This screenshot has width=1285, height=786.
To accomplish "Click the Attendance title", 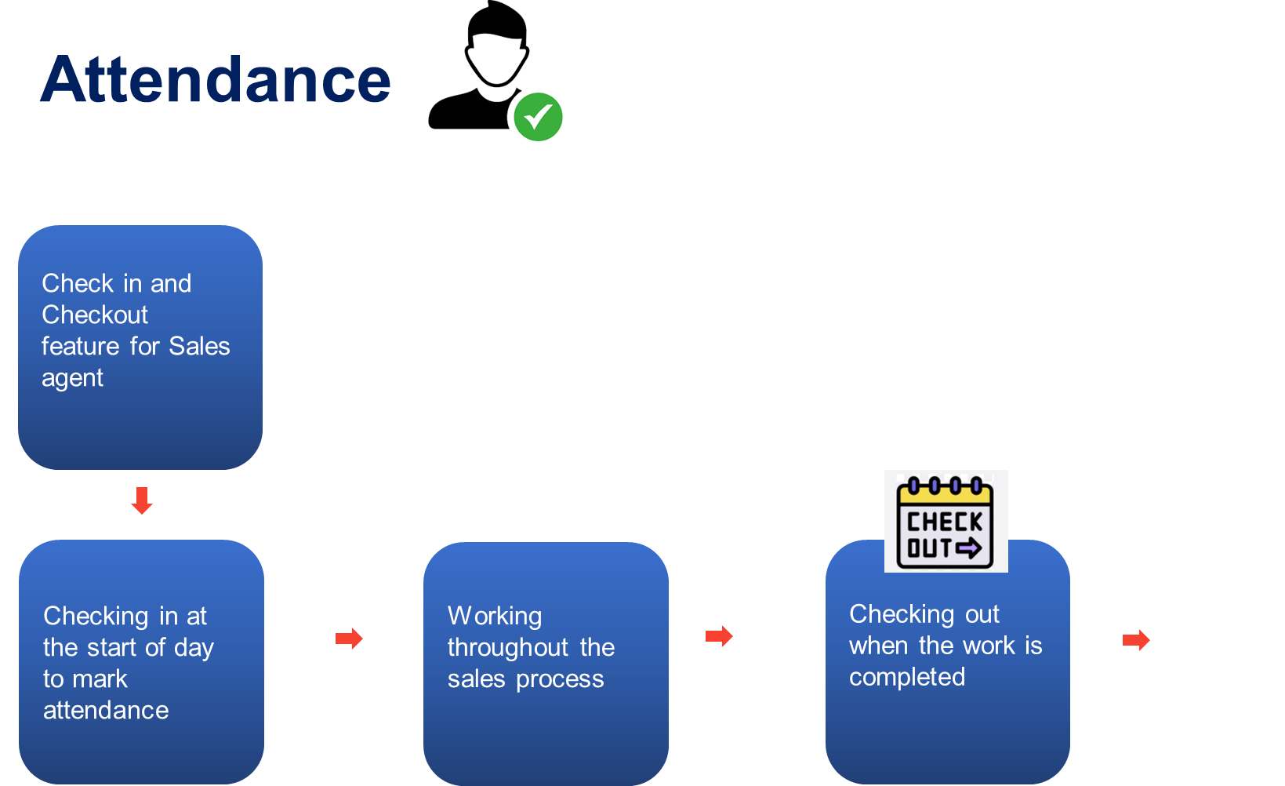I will pyautogui.click(x=216, y=80).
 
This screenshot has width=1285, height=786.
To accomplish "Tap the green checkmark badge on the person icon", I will pyautogui.click(x=538, y=117).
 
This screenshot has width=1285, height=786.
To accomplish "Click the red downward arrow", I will pyautogui.click(x=142, y=500).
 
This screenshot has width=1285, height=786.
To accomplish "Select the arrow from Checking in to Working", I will pyautogui.click(x=349, y=639).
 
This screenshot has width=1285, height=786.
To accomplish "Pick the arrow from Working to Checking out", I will pyautogui.click(x=719, y=636).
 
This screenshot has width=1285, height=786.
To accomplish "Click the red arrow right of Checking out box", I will pyautogui.click(x=1136, y=640).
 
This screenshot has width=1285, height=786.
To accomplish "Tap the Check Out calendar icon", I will pyautogui.click(x=946, y=522).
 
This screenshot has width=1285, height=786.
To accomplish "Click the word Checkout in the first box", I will pyautogui.click(x=95, y=315).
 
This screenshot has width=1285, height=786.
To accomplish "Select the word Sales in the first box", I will pyautogui.click(x=199, y=346).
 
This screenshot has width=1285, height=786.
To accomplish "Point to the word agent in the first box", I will pyautogui.click(x=72, y=379).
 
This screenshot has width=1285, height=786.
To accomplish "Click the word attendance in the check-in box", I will pyautogui.click(x=106, y=710).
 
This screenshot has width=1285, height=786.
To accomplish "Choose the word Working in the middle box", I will pyautogui.click(x=495, y=616).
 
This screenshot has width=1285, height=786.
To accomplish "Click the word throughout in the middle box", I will pyautogui.click(x=507, y=648).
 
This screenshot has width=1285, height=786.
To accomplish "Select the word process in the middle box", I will pyautogui.click(x=560, y=679).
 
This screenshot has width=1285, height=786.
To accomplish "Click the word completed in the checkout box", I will pyautogui.click(x=907, y=677).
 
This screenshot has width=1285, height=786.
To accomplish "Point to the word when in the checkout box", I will pyautogui.click(x=878, y=646).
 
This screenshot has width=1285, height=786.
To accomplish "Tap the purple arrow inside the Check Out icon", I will pyautogui.click(x=969, y=548).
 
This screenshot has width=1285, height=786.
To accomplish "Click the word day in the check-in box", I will pyautogui.click(x=194, y=648).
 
